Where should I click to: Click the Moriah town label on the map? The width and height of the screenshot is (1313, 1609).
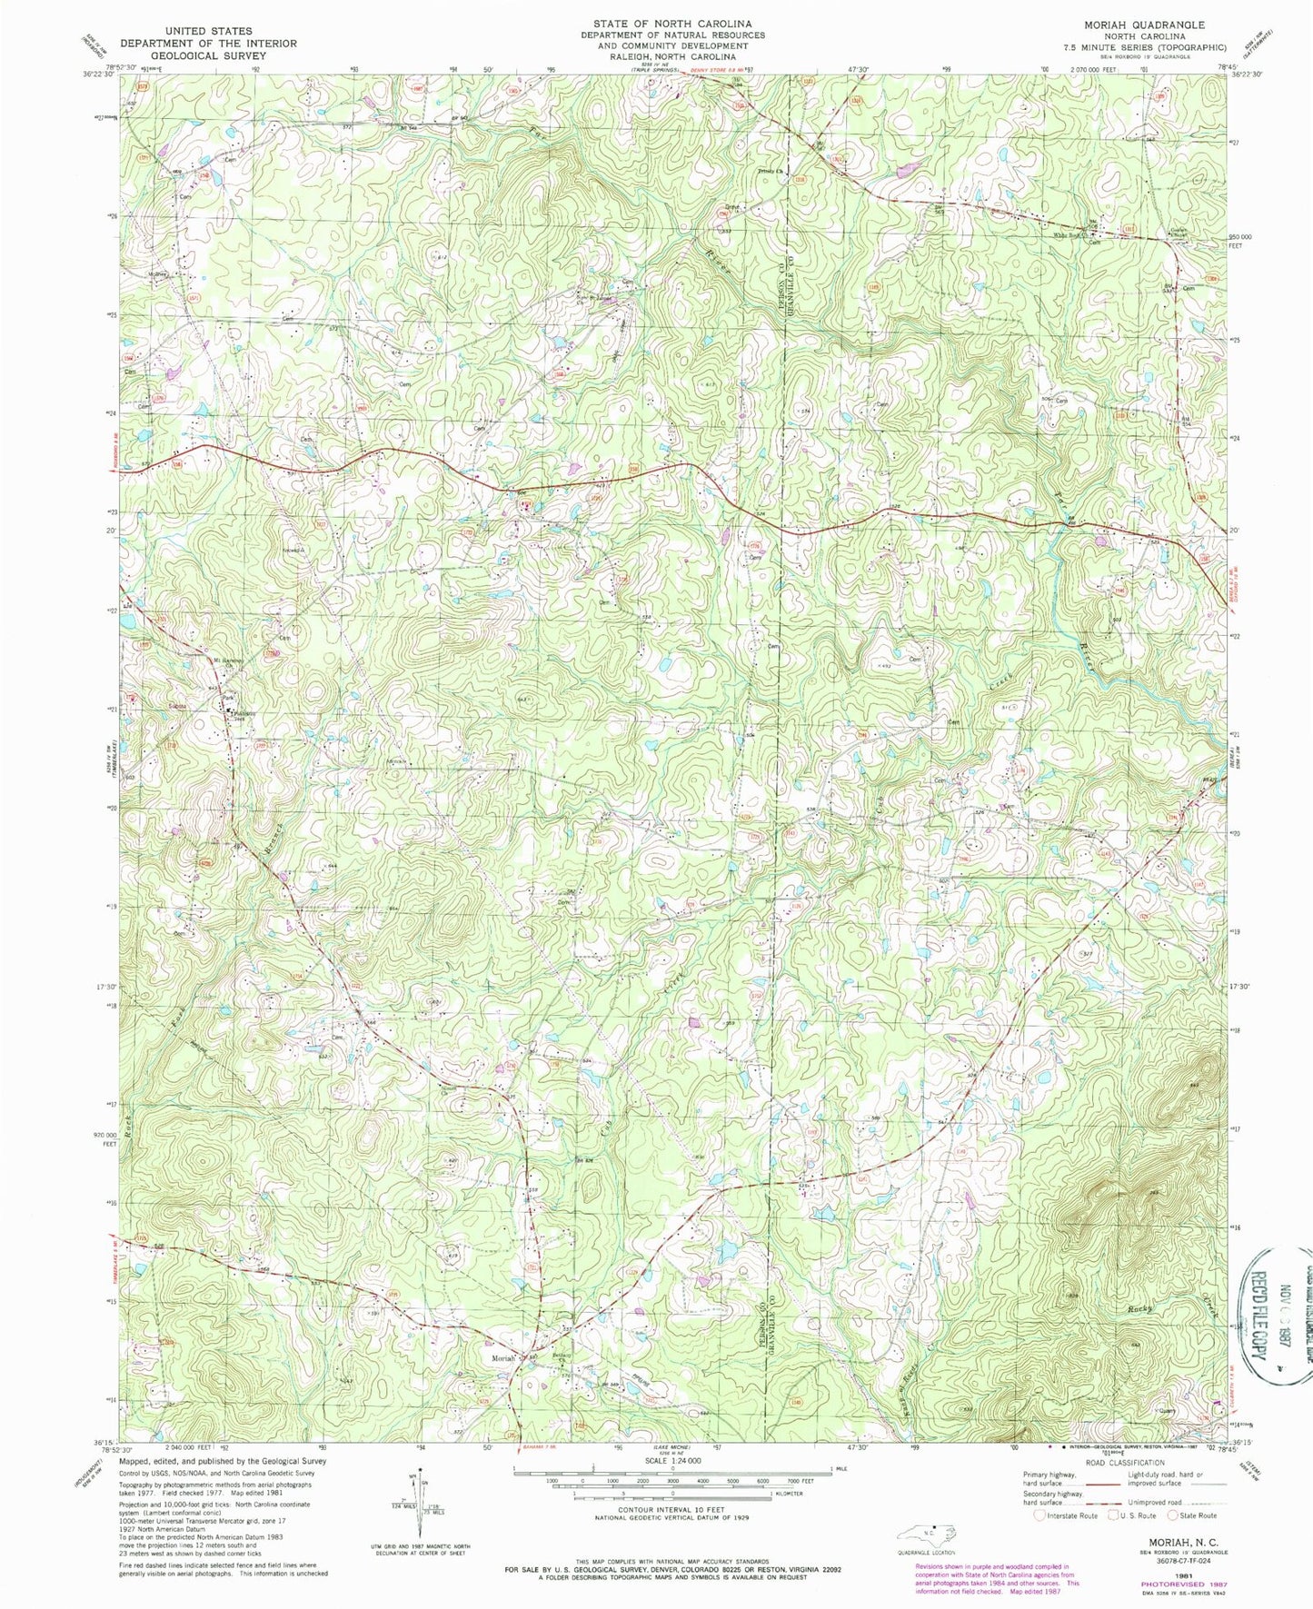coord(502,1358)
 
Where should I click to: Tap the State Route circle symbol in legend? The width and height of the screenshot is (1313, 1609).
coord(1173,1515)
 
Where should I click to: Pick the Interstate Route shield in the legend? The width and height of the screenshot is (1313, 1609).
coord(1039,1515)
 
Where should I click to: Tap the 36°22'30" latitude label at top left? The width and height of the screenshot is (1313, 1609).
coord(95,75)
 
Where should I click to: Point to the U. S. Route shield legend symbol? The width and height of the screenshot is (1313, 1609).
coord(1111,1515)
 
